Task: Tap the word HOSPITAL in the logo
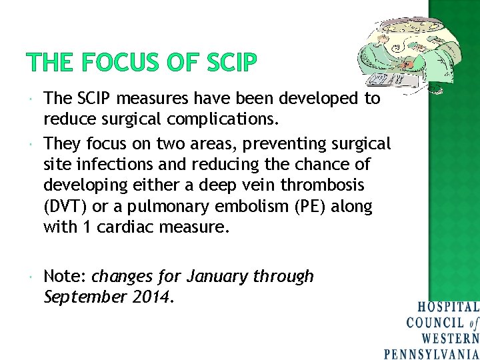click(x=447, y=307)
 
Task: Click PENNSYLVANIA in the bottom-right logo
click(x=431, y=354)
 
